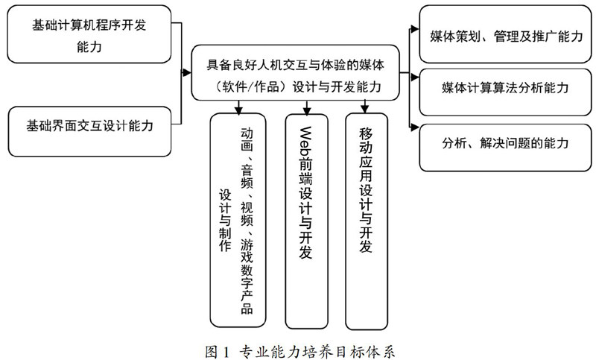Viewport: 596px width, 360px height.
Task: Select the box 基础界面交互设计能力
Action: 90,126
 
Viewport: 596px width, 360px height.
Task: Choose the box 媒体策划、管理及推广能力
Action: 505,34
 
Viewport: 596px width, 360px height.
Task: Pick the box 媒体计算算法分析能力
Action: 505,88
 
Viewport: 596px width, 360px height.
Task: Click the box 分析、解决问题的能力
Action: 505,142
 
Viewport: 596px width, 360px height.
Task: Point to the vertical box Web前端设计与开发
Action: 305,209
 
